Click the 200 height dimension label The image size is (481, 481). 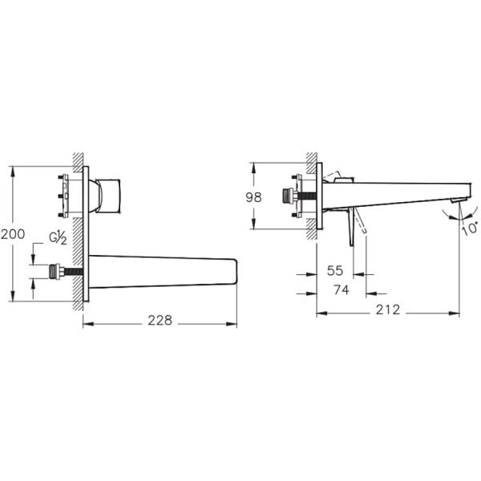(13, 234)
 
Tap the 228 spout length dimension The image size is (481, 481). (160, 321)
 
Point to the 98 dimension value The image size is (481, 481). (253, 197)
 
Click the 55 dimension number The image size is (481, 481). (335, 271)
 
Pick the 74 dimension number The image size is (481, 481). (342, 290)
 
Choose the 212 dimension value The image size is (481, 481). (388, 309)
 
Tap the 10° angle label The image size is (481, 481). (470, 228)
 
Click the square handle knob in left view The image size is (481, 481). (108, 196)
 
